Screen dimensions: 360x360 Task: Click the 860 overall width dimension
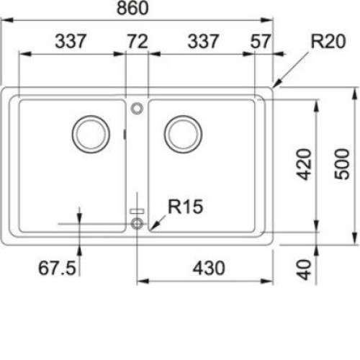click(132, 8)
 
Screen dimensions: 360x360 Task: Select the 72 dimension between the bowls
click(138, 41)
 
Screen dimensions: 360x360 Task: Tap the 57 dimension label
click(261, 41)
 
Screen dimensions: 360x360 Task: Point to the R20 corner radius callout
click(328, 41)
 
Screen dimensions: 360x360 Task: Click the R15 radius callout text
click(186, 207)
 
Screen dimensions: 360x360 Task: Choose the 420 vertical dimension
click(304, 164)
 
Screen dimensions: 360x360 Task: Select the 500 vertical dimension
click(342, 164)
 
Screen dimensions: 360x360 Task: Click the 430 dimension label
click(209, 268)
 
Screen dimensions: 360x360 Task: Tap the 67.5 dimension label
click(57, 268)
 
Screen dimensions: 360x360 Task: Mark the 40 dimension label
click(304, 270)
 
